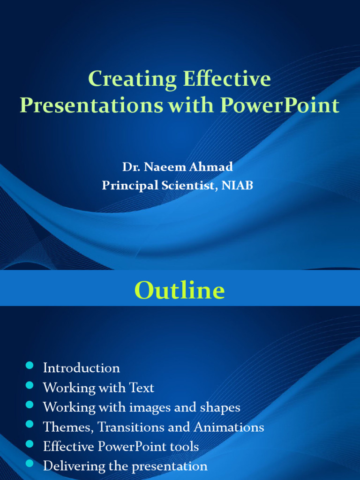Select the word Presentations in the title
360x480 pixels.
pos(91,105)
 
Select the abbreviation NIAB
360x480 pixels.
pos(237,186)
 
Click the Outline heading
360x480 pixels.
pos(180,291)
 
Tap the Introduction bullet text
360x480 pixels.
pos(81,368)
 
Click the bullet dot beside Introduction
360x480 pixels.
pos(30,366)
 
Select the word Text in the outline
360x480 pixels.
pos(142,388)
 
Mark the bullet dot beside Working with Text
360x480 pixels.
pos(30,385)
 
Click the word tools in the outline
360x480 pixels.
pos(185,447)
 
